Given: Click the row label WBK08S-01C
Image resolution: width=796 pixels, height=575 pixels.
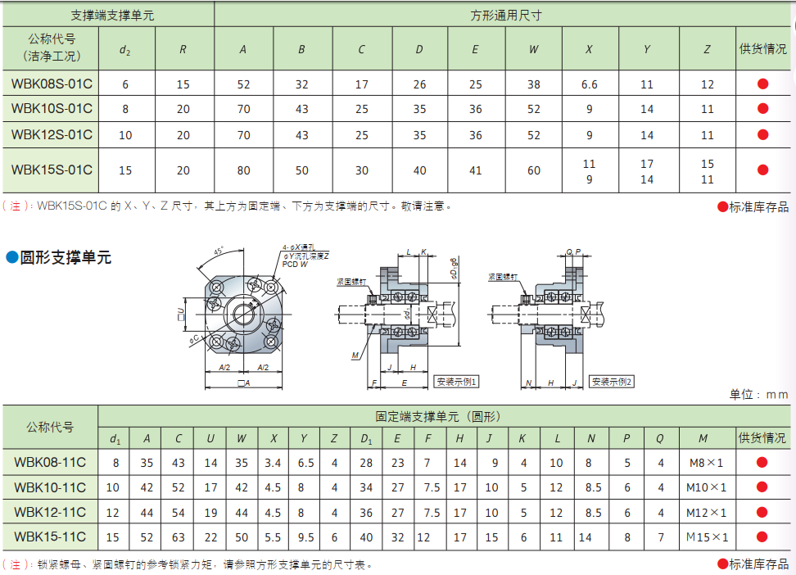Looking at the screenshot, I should (x=52, y=84).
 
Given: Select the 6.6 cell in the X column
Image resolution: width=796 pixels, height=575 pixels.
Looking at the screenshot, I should (x=589, y=84).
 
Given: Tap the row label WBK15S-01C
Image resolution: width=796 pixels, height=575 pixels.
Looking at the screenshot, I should (x=52, y=170).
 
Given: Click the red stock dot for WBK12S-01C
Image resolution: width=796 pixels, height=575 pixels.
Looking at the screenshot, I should (x=763, y=135).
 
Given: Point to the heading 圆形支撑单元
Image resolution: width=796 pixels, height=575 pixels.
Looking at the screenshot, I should (x=66, y=258).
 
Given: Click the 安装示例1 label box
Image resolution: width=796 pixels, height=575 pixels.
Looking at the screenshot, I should (x=457, y=382).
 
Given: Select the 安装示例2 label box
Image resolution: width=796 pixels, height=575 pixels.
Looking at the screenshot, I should (x=613, y=382).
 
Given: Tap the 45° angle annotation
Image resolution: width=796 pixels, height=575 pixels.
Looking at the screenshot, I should (x=219, y=251).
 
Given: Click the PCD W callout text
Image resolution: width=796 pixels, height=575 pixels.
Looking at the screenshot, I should (x=295, y=265).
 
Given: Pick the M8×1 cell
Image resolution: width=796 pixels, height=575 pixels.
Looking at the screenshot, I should (x=707, y=463).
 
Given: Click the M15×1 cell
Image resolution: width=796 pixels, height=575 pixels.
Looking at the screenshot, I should (x=707, y=537).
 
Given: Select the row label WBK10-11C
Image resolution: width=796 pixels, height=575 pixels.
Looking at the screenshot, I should (x=50, y=488).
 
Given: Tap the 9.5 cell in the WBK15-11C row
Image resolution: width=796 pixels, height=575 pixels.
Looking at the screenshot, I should (x=305, y=537).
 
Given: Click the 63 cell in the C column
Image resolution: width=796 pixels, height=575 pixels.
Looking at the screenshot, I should (x=179, y=537).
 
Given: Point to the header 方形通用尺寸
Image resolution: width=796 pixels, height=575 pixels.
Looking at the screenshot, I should (x=506, y=15).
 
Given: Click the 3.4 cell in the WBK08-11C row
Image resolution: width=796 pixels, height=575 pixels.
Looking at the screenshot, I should (x=274, y=463).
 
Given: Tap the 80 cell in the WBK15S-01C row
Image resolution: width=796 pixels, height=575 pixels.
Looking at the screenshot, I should (x=243, y=170).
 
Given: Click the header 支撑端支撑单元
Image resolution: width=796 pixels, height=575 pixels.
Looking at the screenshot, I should (x=108, y=15).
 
